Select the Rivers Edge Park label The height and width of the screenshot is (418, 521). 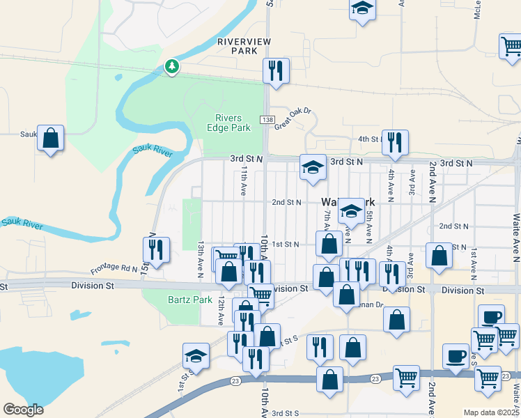pyautogui.click(x=228, y=123)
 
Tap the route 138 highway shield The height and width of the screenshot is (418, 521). pyautogui.click(x=267, y=120)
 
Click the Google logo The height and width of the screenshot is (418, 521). pyautogui.click(x=24, y=410)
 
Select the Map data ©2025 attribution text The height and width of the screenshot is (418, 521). pyautogui.click(x=491, y=412)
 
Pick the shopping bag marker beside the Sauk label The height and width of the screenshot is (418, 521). pyautogui.click(x=51, y=139)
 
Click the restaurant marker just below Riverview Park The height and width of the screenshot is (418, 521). pyautogui.click(x=276, y=71)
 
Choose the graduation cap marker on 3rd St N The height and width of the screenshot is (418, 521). pyautogui.click(x=313, y=167)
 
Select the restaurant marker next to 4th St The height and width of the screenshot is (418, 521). pyautogui.click(x=395, y=143)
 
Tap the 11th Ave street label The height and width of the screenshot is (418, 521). pyautogui.click(x=244, y=179)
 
